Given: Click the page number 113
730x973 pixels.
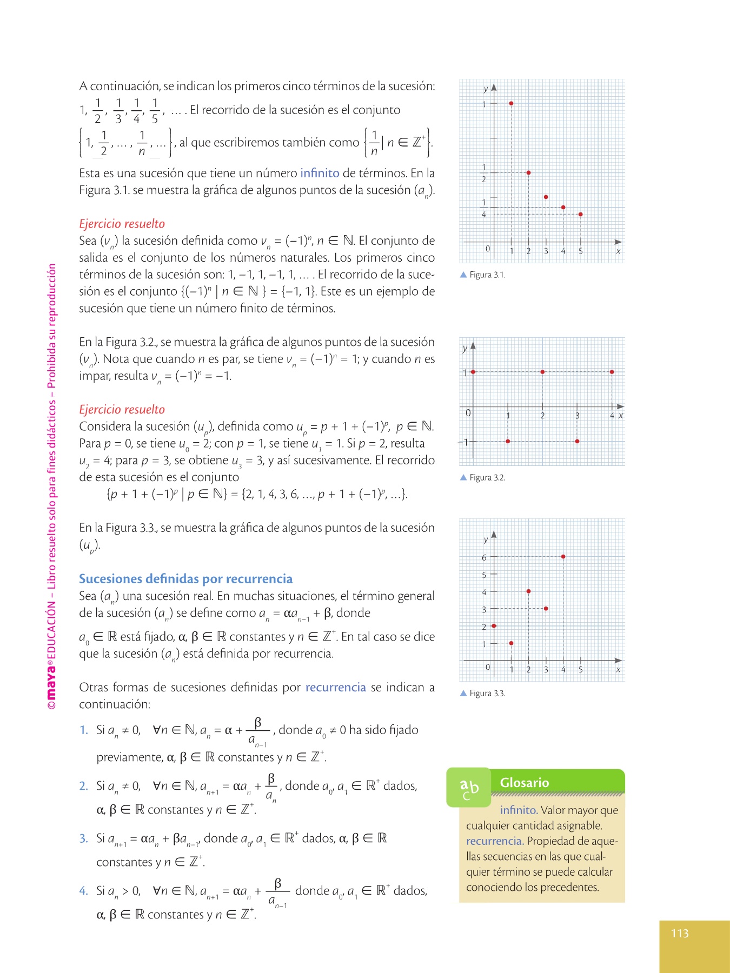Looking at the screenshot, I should click(680, 933).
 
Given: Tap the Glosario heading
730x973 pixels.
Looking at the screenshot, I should click(524, 782).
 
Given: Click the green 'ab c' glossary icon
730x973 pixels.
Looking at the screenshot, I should click(469, 788).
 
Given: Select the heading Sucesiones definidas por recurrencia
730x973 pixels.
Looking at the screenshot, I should click(185, 579).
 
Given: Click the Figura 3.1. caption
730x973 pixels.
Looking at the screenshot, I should click(487, 275).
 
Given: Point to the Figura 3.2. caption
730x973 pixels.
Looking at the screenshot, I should click(487, 477).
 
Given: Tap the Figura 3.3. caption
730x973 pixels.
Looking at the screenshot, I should click(487, 693).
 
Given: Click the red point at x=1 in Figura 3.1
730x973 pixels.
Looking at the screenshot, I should click(511, 103).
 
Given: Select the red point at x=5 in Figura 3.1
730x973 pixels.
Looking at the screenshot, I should click(580, 215).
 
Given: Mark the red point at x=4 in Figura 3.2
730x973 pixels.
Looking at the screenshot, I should click(612, 372).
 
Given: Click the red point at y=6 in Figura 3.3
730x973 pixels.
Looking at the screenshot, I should click(563, 556).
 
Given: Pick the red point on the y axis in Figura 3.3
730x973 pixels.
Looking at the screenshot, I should click(494, 626).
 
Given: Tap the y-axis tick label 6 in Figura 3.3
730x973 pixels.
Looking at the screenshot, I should click(484, 557).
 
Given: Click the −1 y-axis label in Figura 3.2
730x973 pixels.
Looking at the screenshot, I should click(463, 442).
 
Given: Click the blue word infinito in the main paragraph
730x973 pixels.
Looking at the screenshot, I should click(320, 173).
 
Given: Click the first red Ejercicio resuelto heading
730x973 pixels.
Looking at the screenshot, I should click(122, 224).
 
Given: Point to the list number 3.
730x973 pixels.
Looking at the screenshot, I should click(83, 838).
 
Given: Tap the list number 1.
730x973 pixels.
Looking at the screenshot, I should click(83, 730).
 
